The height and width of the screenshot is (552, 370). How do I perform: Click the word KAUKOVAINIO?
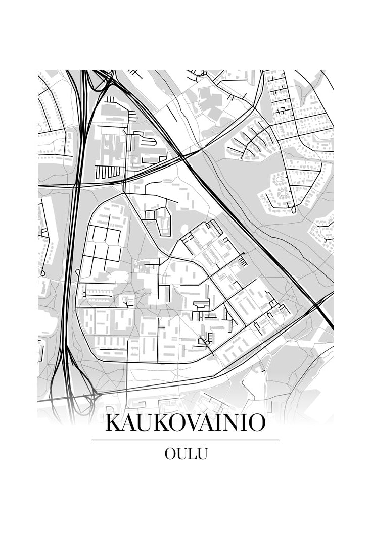click(185, 423)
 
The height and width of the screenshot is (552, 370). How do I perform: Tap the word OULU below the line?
click(186, 454)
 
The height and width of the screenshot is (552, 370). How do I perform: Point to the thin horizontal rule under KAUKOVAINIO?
click(185, 440)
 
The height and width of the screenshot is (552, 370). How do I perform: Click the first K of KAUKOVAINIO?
click(114, 423)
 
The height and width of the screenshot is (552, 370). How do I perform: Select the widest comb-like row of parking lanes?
click(109, 172)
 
